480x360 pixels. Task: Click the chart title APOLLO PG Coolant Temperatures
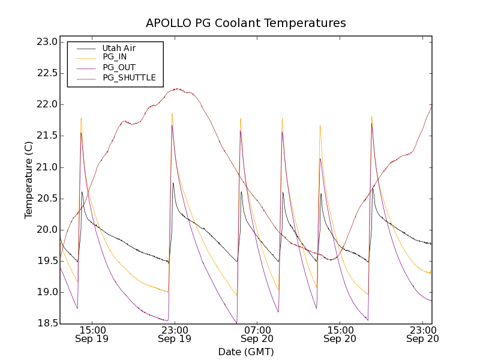[x=246, y=23]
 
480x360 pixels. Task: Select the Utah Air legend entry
[x=119, y=48]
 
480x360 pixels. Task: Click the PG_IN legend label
[x=115, y=57]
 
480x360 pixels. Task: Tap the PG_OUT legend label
[x=119, y=67]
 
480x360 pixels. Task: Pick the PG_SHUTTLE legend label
[x=129, y=77]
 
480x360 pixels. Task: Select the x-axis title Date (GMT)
[x=246, y=352]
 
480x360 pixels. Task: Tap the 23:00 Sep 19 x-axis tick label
[x=174, y=334]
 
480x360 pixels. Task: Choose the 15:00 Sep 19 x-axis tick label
[x=91, y=334]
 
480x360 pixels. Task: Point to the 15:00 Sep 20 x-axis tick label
[x=340, y=334]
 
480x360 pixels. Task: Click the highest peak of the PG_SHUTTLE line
[x=178, y=89]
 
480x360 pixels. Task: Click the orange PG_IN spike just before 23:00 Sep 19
[x=172, y=113]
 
